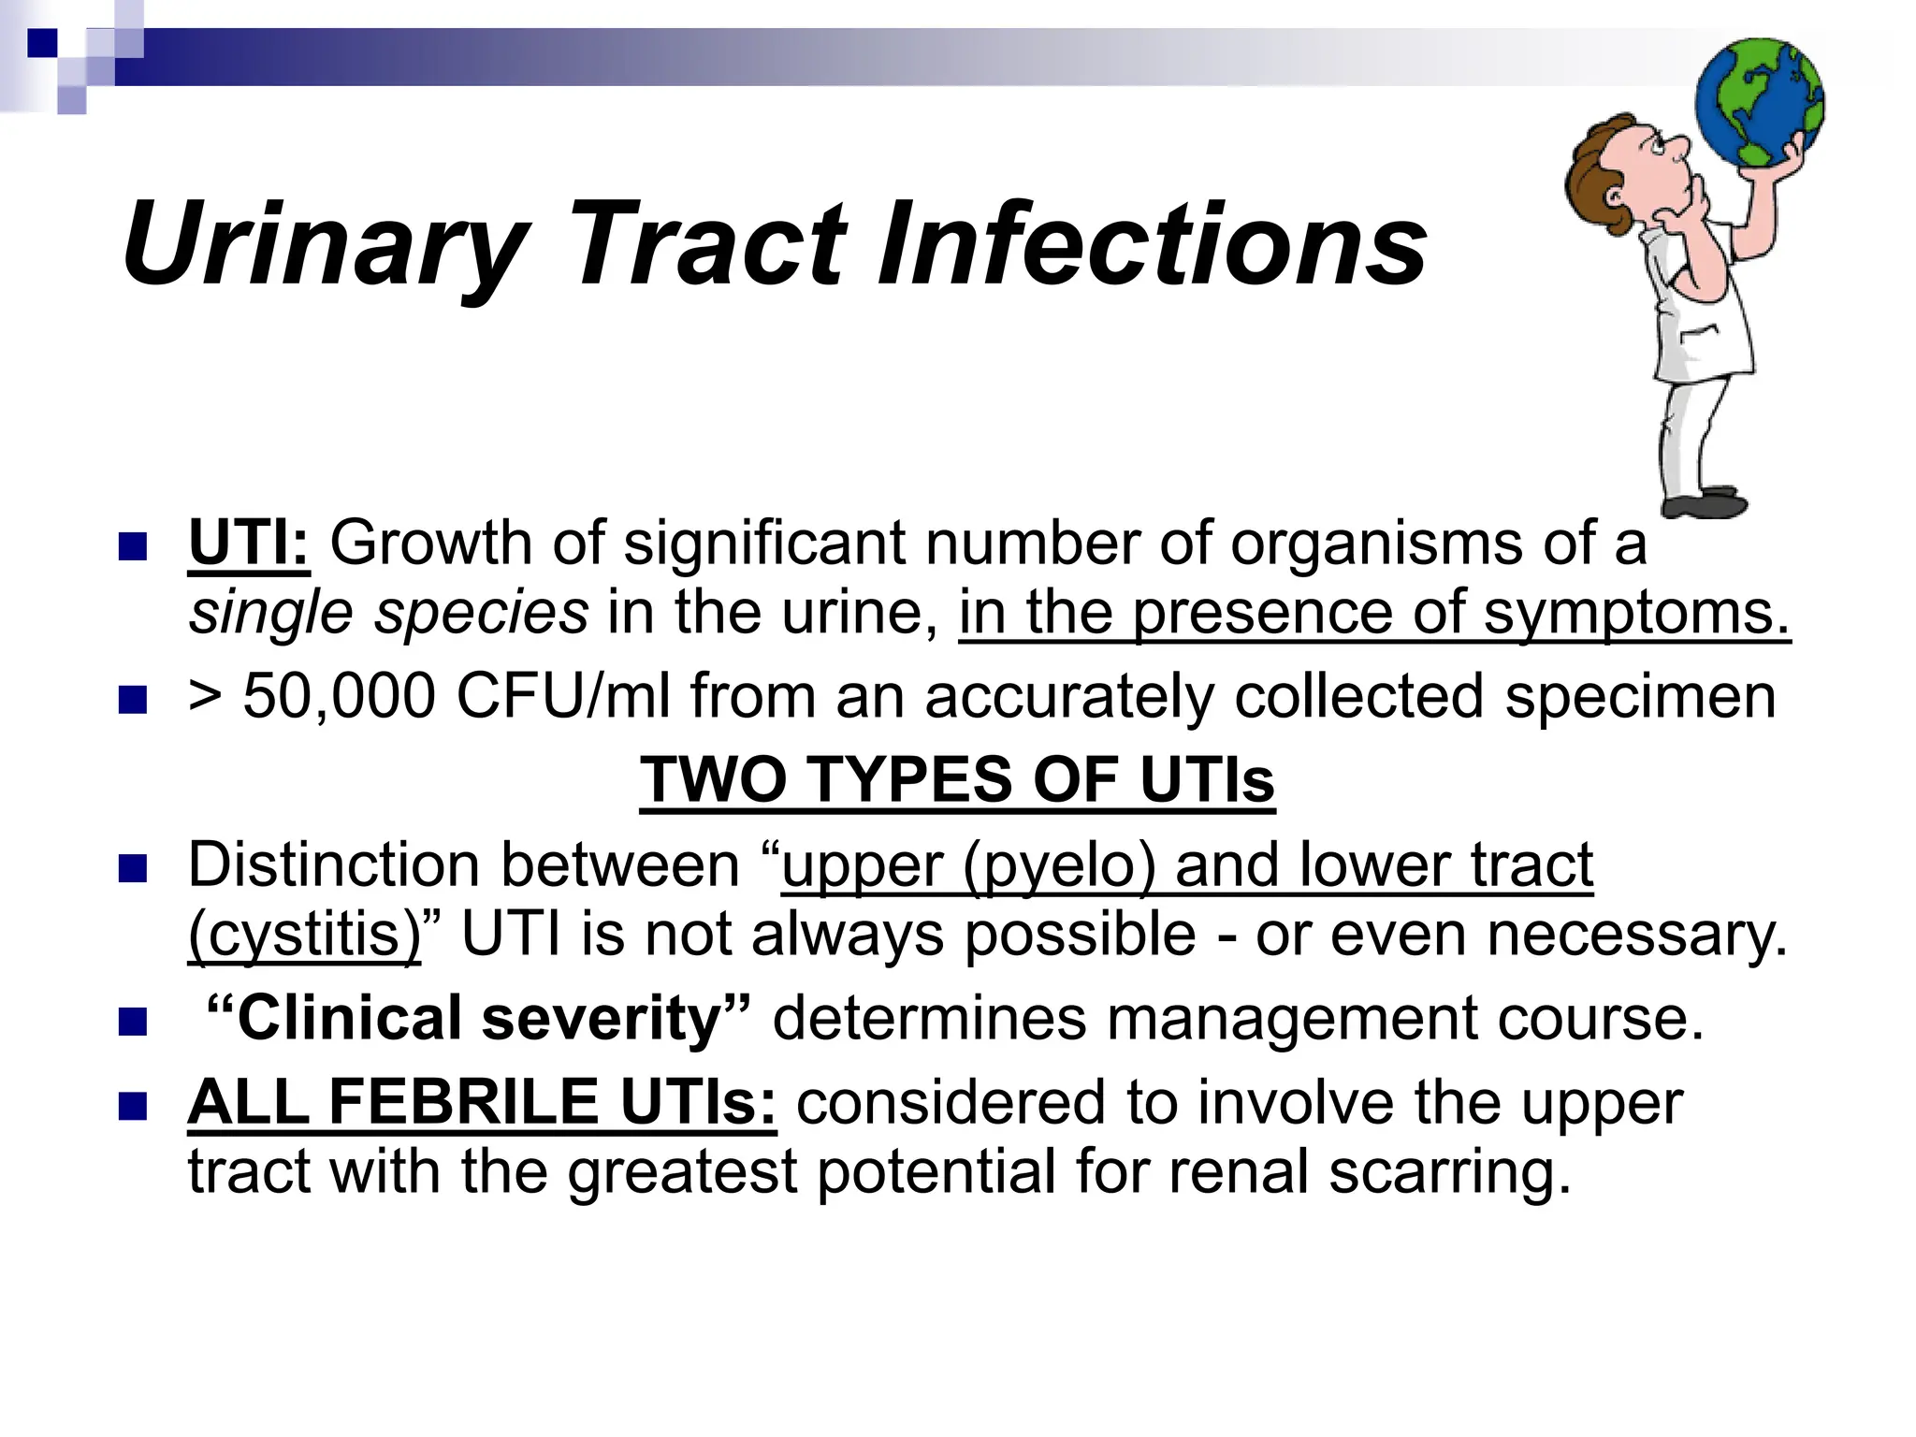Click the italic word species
[482, 614]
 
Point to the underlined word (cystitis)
[305, 935]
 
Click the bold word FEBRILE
[463, 1102]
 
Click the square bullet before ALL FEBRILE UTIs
[134, 1106]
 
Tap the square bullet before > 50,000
[134, 700]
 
